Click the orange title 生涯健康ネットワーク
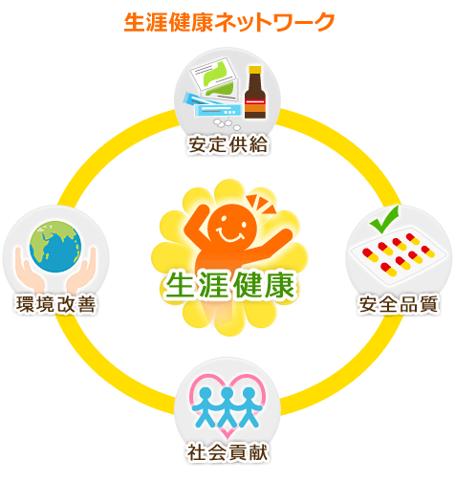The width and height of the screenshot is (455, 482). [x=228, y=22]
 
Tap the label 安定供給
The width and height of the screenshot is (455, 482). [x=227, y=144]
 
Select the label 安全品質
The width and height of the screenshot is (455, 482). [x=399, y=304]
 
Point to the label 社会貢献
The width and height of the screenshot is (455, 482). [x=227, y=452]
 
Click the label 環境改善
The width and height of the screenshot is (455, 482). [x=55, y=304]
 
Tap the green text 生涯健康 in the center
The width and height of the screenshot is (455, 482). [x=229, y=285]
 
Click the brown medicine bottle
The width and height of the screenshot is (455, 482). [x=255, y=93]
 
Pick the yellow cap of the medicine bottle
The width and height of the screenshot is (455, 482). [x=255, y=70]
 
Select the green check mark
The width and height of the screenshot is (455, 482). [x=384, y=219]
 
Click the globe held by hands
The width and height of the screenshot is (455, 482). [x=55, y=247]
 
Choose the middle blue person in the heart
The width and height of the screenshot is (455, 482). [x=227, y=407]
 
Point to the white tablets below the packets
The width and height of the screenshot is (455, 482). [x=227, y=124]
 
